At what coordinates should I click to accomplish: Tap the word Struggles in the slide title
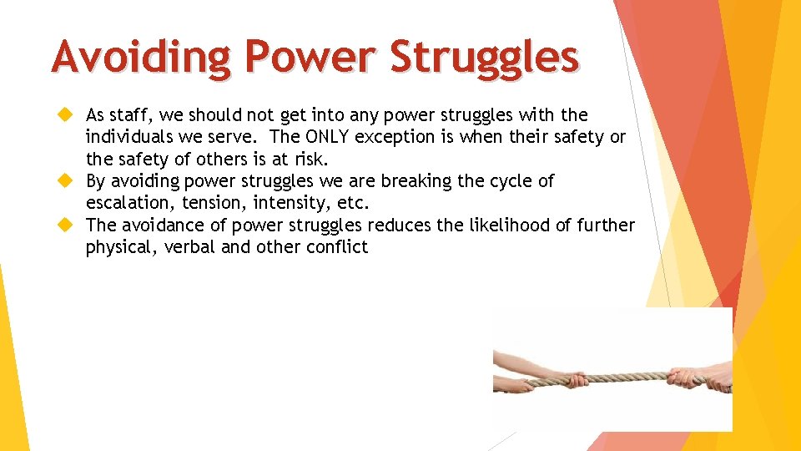click(x=484, y=58)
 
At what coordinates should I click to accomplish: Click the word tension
click(x=215, y=203)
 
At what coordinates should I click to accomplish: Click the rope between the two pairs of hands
click(x=609, y=378)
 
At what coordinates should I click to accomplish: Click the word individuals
click(x=128, y=137)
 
